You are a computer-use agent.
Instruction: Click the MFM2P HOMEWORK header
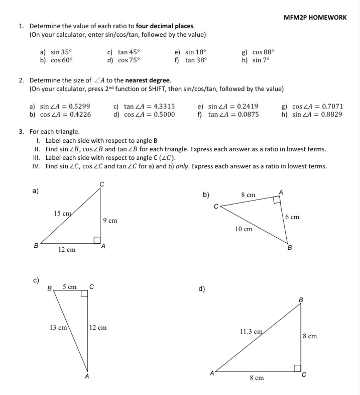click(315, 17)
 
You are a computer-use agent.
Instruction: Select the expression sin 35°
click(61, 52)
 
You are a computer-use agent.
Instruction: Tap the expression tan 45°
click(129, 52)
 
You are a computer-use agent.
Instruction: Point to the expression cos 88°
click(263, 52)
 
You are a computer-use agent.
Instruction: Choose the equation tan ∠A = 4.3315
click(149, 107)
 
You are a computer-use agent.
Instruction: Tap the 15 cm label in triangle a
click(63, 214)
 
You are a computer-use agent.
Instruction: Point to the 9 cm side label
click(110, 221)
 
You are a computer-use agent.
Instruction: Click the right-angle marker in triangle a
click(97, 240)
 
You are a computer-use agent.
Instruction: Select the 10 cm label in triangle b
click(244, 229)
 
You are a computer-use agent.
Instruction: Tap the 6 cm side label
click(292, 217)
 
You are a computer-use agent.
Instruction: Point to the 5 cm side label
click(69, 287)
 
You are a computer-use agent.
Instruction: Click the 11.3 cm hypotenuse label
click(251, 332)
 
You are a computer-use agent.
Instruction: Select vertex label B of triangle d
click(301, 300)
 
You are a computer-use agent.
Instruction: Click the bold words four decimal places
click(165, 26)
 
